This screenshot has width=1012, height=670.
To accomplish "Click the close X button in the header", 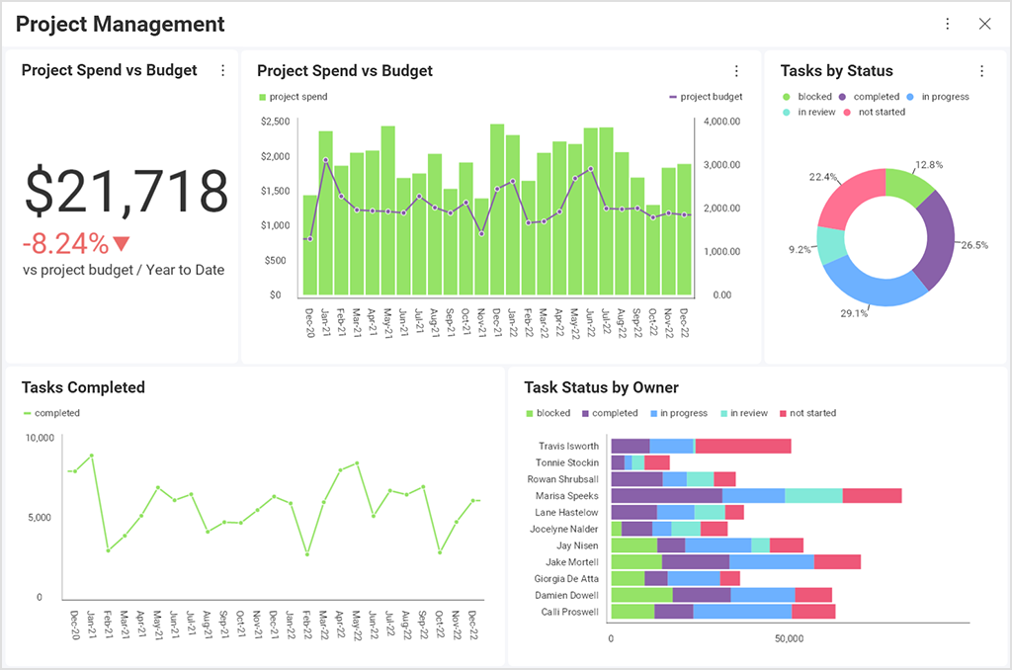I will click(x=984, y=24).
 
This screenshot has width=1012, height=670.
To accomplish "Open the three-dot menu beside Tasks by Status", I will click(x=981, y=71).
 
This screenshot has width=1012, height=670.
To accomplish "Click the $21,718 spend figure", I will click(x=126, y=191).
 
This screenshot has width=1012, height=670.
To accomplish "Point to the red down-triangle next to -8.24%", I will click(x=122, y=243).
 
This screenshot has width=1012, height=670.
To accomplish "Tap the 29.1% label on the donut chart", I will click(x=854, y=313).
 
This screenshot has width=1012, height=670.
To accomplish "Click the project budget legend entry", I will click(x=706, y=97).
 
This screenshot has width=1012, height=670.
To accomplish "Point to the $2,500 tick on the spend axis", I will click(x=275, y=122).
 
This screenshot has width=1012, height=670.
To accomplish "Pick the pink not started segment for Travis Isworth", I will click(x=742, y=446).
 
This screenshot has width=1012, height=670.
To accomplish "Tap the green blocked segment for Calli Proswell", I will click(x=632, y=612).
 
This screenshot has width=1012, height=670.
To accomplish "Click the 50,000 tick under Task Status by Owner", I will click(x=789, y=639).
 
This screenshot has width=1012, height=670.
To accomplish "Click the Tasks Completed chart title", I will click(x=83, y=387).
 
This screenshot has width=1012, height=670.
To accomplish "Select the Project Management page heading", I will click(x=121, y=24).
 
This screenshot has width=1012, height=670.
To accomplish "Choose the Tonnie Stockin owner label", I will click(x=566, y=462).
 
